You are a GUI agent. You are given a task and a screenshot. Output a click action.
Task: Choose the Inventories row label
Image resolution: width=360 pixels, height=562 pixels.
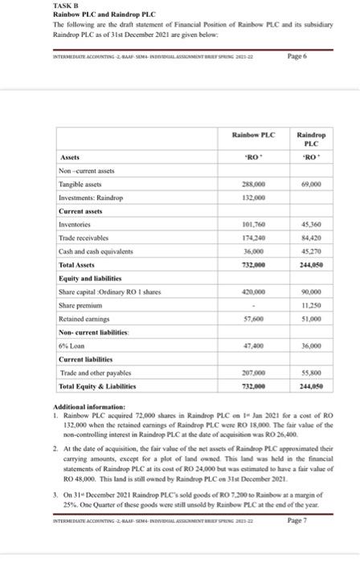[x=77, y=224]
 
